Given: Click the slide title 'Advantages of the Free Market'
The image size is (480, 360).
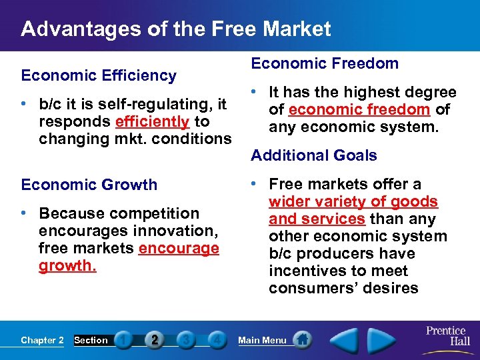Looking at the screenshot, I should (x=175, y=29).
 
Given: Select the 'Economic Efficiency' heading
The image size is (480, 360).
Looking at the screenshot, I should (x=99, y=76).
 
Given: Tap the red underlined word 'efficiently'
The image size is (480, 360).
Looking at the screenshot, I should (x=153, y=122).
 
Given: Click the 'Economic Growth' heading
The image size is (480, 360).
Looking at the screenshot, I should (x=89, y=185).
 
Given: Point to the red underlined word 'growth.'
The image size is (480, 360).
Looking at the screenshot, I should (x=67, y=266).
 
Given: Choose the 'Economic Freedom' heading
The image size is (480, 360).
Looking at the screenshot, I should (x=324, y=64).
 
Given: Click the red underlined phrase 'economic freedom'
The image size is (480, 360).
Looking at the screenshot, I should (x=359, y=109).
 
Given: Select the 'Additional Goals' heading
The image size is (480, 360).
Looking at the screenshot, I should (x=313, y=156).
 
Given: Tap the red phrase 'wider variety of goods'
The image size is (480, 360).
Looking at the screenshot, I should (x=353, y=202).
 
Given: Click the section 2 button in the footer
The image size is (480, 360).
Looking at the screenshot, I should (x=155, y=340).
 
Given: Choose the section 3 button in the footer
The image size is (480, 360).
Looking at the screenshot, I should (x=185, y=340).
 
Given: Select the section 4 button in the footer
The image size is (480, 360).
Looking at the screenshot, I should (x=216, y=340).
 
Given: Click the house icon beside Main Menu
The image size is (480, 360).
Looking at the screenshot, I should (x=302, y=340).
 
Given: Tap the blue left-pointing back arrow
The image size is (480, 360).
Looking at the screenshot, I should (x=345, y=339).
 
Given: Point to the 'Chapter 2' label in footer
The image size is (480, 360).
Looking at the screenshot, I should (x=42, y=341).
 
